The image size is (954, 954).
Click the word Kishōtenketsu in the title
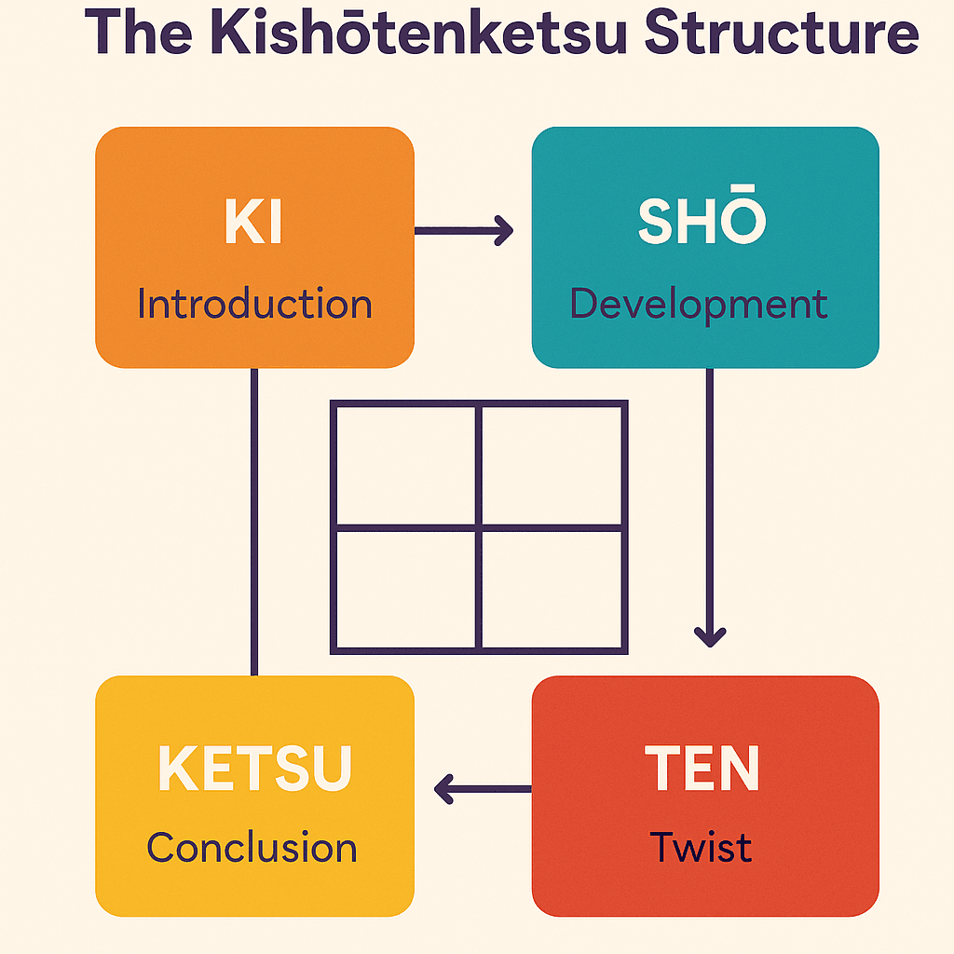pos(418,32)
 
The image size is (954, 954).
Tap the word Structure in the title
pos(782,33)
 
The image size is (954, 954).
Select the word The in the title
pos(139,33)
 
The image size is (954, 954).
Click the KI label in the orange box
pos(253,222)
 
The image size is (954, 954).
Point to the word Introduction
pos(254,303)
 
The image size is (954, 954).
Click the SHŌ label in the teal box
pos(702,215)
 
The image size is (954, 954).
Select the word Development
pos(699,305)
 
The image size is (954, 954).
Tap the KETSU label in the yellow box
pos(255,768)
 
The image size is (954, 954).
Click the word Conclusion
pos(252,847)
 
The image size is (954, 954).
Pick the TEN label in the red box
pos(702,768)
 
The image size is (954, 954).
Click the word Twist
pos(701,846)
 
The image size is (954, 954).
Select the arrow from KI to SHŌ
pos(464,231)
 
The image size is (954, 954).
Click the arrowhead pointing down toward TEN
pos(710,637)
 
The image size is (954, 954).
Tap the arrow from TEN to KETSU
pos(483,789)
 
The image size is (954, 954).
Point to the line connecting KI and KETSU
pos(254,522)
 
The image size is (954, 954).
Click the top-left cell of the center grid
pos(406,466)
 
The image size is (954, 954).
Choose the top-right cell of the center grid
pos(552,466)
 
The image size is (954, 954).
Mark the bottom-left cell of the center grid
pos(406,590)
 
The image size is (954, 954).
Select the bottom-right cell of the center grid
pos(552,590)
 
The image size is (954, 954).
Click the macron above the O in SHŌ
pos(743,186)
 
